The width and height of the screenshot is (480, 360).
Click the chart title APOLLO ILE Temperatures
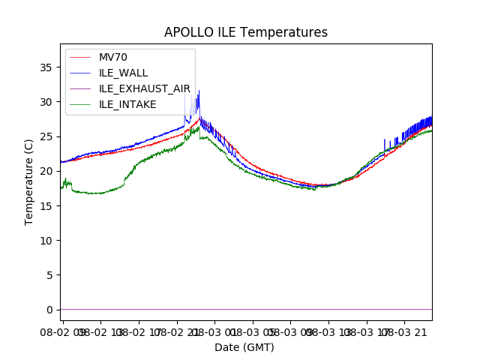pos(246,33)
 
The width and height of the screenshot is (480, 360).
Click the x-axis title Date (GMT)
pos(244,347)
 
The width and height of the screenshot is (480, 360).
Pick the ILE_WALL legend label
pos(124,73)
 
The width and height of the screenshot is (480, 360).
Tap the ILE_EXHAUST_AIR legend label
pos(145,88)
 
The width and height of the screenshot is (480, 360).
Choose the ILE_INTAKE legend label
pos(127,104)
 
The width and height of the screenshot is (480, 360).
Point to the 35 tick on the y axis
pos(46,67)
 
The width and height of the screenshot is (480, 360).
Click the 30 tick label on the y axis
pos(46,102)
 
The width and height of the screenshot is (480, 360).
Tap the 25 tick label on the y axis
pos(46,136)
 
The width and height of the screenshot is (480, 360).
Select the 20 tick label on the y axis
pos(46,171)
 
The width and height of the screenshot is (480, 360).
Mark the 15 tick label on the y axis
pos(46,205)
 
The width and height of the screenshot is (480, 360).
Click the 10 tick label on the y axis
pos(46,241)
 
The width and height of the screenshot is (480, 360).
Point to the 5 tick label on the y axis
pos(49,275)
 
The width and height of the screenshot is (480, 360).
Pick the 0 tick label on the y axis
pos(49,310)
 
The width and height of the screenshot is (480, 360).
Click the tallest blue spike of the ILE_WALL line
pos(199,91)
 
